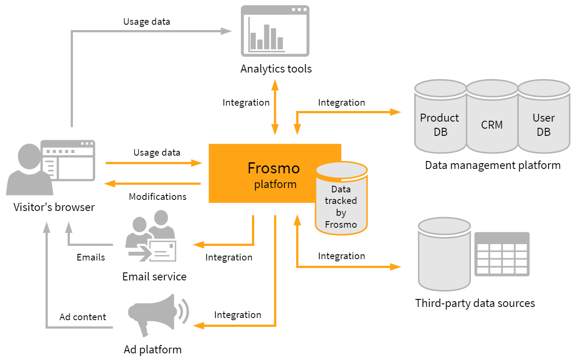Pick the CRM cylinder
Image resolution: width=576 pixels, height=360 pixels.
pos(492,119)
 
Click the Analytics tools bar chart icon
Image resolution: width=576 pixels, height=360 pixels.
pos(275,31)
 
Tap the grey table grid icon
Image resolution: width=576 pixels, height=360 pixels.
pos(502,254)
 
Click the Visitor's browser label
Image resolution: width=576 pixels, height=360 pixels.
pos(54,207)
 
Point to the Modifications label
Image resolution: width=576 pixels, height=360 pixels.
pos(157,196)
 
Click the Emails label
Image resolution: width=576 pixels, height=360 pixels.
pos(91,257)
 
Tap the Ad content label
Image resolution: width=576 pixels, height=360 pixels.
pos(83,317)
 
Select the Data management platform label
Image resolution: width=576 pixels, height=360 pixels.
pos(492,165)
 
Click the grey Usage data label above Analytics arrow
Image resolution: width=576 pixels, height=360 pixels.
pos(146,21)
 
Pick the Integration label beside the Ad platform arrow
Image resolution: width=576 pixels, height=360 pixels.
pos(237,315)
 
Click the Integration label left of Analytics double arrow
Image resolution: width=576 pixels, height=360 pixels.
pos(246,103)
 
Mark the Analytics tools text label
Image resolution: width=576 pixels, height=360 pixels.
pos(276,69)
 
